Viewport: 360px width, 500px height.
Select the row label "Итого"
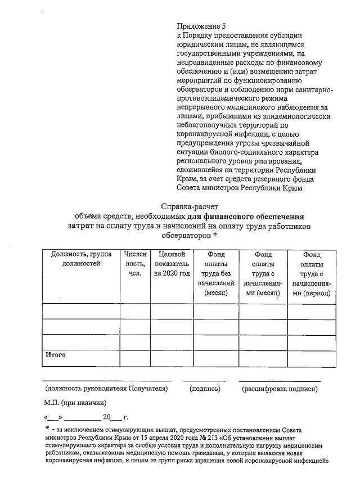[56, 355]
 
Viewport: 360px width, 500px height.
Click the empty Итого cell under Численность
[135, 358]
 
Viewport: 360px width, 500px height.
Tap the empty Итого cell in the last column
[311, 358]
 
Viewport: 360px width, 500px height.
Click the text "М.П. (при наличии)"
[75, 403]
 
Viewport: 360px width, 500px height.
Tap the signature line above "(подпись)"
[205, 381]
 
